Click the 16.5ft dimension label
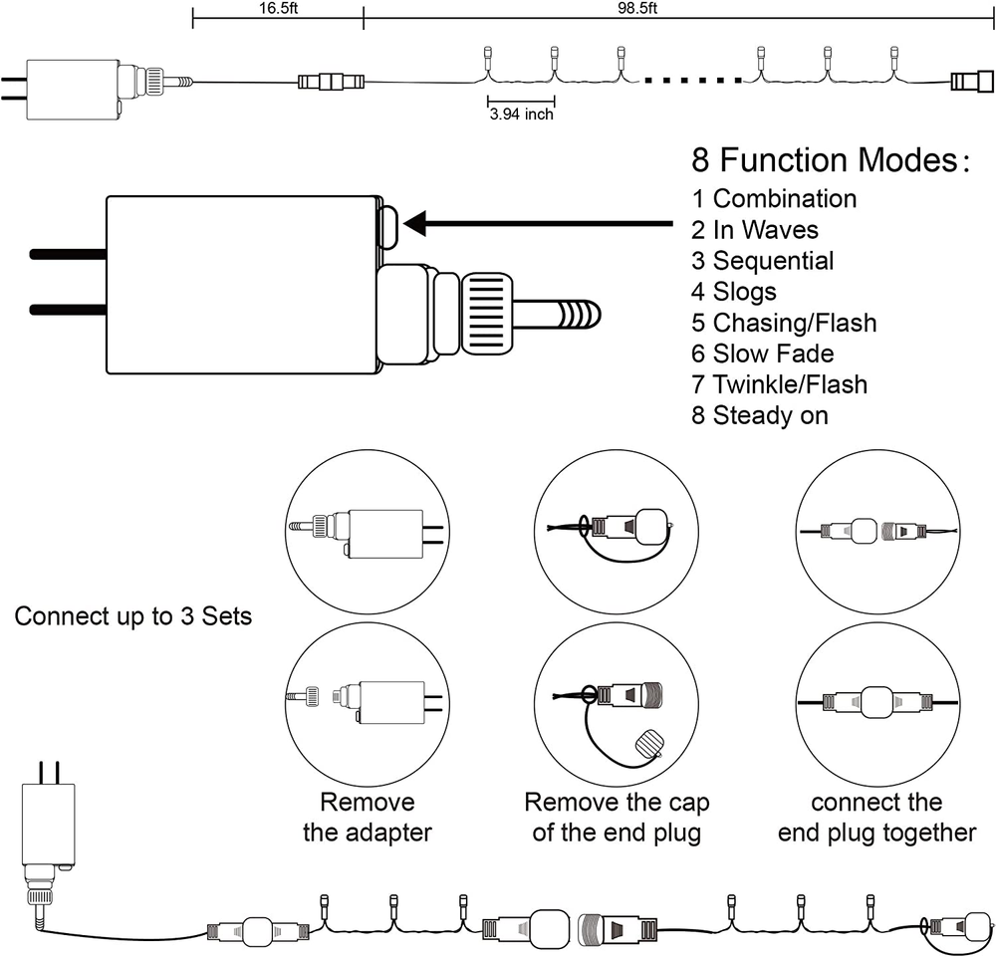pos(277,7)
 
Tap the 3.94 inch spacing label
pos(521,115)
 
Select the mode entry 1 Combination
pos(774,198)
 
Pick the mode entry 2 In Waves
pos(755,230)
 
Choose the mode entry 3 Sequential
pos(763,261)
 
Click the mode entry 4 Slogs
pos(734,292)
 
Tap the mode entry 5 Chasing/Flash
pos(784,323)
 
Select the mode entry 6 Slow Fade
pos(763,354)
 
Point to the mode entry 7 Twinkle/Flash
pos(780,384)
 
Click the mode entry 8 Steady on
pos(760,415)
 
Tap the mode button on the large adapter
pos(387,225)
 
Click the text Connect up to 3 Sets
pos(132,616)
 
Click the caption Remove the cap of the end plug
pos(617,817)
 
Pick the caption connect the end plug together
pos(876,817)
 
